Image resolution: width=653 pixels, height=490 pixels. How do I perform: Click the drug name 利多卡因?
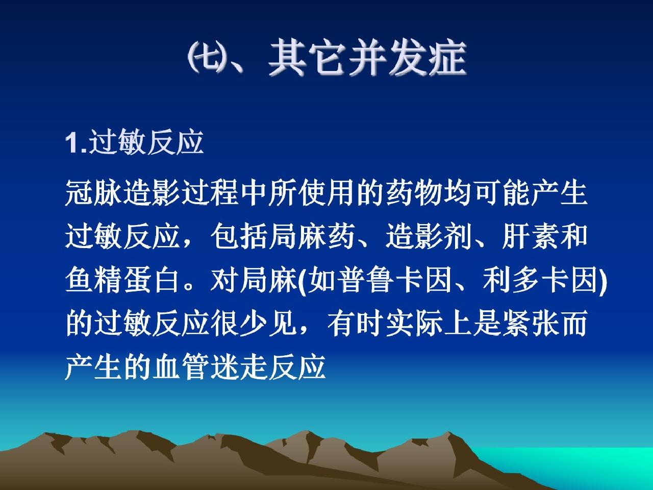click(x=540, y=280)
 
